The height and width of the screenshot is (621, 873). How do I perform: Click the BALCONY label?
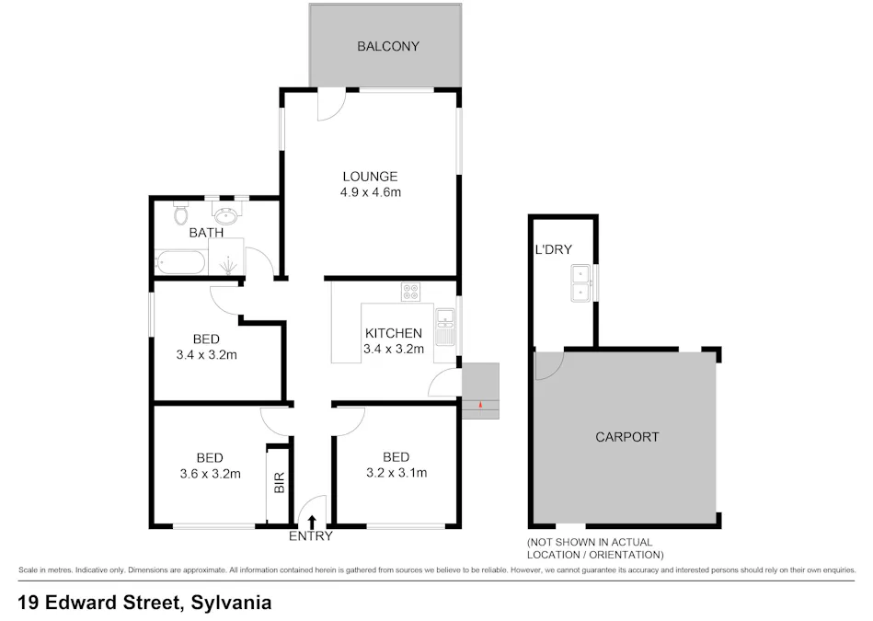click(x=387, y=46)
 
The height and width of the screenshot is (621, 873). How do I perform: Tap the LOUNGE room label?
click(x=370, y=177)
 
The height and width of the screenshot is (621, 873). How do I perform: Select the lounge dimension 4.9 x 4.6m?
click(x=370, y=192)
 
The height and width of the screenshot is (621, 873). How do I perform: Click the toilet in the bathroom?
click(x=181, y=215)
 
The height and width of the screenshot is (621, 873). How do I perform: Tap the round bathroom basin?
click(x=225, y=215)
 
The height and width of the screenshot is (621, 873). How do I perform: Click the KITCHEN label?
click(x=393, y=333)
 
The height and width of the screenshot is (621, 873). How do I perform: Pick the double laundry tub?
click(x=581, y=283)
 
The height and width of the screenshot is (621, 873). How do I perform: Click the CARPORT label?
click(x=626, y=437)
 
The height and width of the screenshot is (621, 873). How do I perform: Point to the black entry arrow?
click(x=311, y=523)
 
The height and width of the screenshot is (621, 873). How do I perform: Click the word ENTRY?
click(x=311, y=536)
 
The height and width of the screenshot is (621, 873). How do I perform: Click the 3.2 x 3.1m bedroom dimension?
click(x=396, y=474)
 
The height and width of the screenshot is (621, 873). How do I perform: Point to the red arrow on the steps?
click(x=479, y=404)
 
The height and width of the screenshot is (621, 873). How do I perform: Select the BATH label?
click(x=206, y=233)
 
